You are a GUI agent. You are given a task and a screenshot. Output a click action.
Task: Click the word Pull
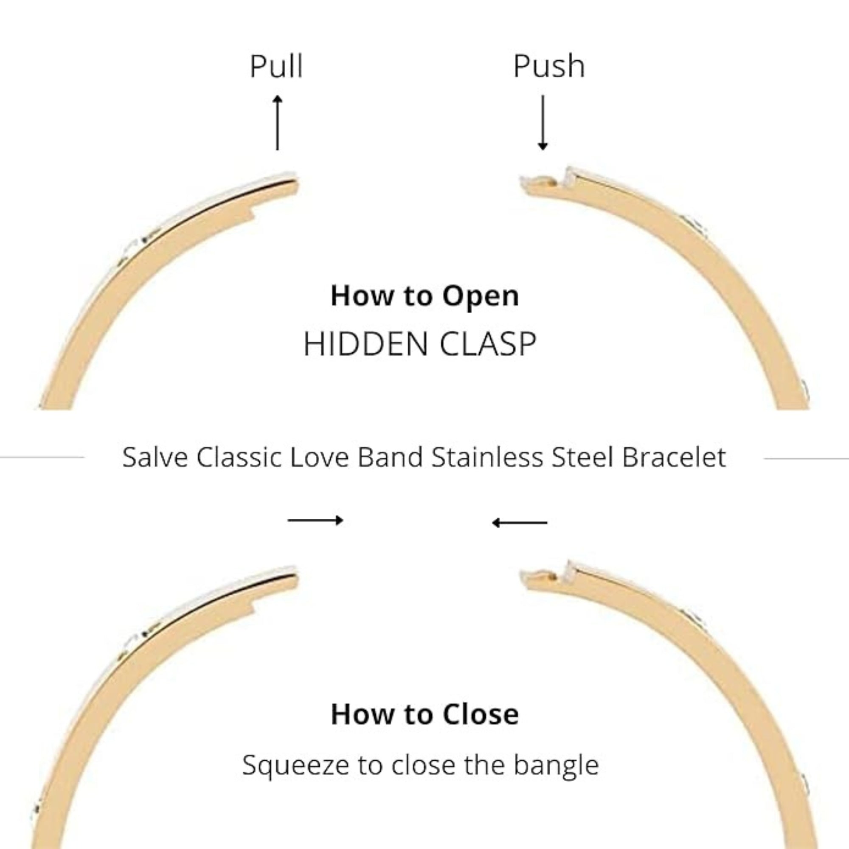(x=276, y=66)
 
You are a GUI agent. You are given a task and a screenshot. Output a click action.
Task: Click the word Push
(x=549, y=66)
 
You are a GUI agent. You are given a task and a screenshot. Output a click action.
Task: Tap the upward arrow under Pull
(x=277, y=123)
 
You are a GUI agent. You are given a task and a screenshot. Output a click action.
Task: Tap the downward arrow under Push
(x=543, y=123)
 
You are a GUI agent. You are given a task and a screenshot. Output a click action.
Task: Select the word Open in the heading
(x=480, y=296)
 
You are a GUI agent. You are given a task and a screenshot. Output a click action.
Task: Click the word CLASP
(x=488, y=344)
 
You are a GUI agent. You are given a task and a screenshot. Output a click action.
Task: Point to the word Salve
(x=155, y=458)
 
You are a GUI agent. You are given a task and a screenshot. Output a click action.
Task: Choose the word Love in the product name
(x=319, y=458)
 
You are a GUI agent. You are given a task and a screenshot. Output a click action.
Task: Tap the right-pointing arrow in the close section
(x=315, y=521)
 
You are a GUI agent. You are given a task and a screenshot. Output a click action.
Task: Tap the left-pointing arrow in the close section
(x=520, y=523)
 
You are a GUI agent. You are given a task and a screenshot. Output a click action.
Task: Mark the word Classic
(x=239, y=458)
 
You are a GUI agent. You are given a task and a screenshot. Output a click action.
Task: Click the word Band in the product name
(x=390, y=458)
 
